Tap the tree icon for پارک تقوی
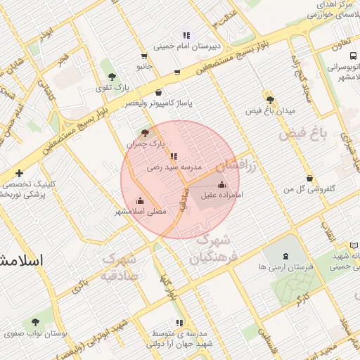coord(110,74)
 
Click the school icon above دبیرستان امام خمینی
coord(186,34)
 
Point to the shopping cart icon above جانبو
coord(144,56)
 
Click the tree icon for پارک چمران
coord(145,132)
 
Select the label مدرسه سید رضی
coord(174,168)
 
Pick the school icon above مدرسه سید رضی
coord(174,156)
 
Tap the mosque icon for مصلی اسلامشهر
coord(139,200)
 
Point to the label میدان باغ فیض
coord(271,111)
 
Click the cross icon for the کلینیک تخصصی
coord(19,173)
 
